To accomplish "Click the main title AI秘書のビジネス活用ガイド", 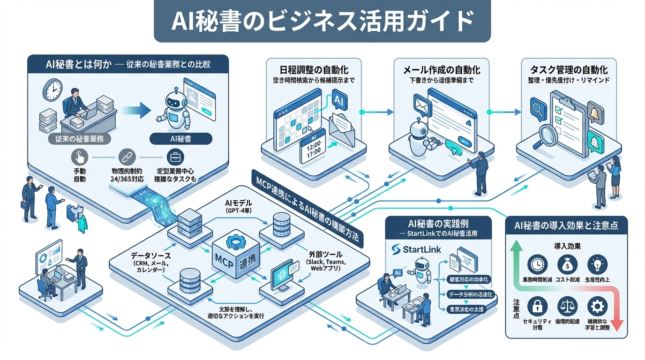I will [322, 21].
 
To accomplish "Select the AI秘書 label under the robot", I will [180, 139].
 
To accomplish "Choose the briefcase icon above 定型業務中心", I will [175, 157].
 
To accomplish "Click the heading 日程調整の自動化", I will [313, 70].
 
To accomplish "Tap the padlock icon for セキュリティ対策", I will [536, 307].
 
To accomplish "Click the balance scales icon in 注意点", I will [567, 307].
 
